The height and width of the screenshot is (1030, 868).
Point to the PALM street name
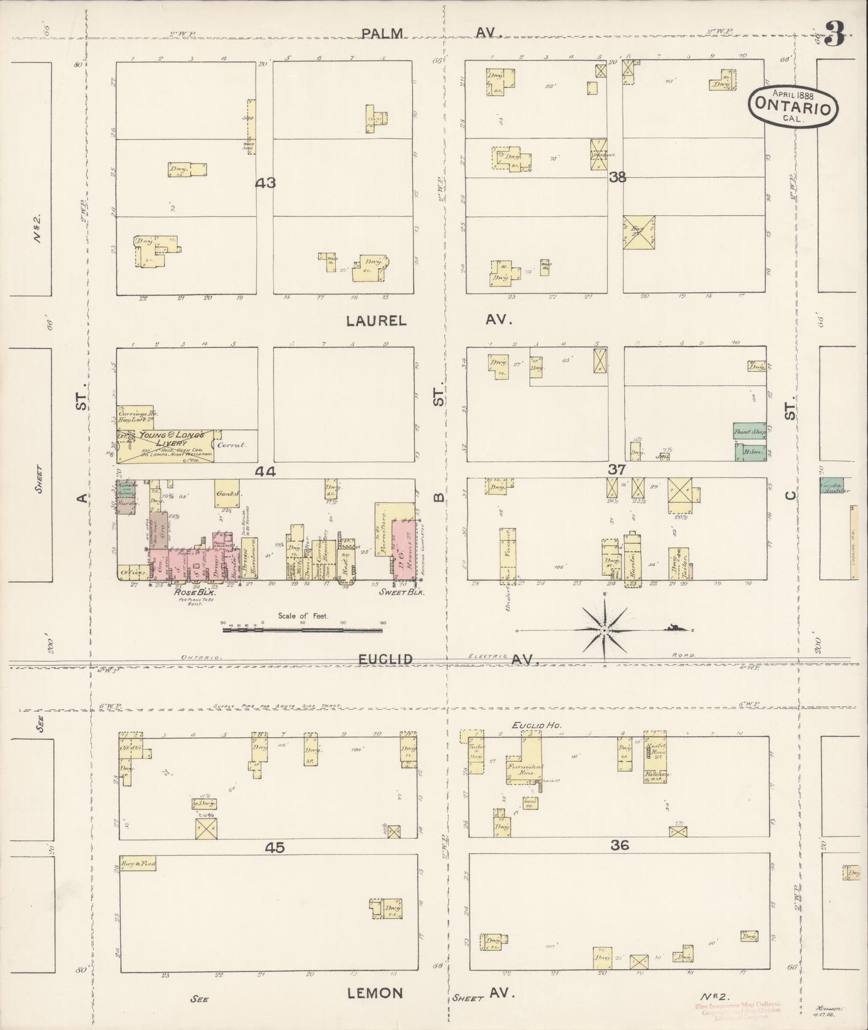point(382,33)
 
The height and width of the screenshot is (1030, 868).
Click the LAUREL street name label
point(376,320)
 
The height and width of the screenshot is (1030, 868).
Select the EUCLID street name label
point(385,659)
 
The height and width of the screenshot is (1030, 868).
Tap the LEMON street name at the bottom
point(375,993)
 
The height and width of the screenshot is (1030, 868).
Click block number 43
point(265,183)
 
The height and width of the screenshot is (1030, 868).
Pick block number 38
point(617,177)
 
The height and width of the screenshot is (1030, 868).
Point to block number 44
point(265,472)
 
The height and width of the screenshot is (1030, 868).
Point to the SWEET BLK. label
point(402,592)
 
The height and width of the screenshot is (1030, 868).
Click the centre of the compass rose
point(604,629)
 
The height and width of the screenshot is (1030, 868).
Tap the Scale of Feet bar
point(302,630)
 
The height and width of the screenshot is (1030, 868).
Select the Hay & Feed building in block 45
point(138,864)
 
